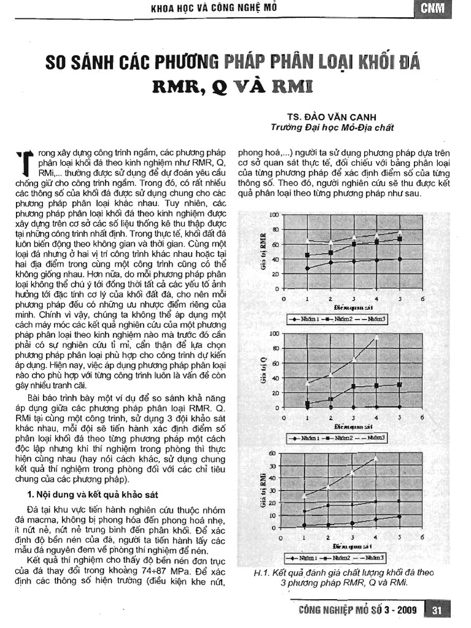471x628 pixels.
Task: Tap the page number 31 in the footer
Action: tap(438, 610)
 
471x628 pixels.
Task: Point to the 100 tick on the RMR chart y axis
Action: tap(274, 215)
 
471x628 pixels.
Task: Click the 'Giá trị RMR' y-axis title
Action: tap(262, 252)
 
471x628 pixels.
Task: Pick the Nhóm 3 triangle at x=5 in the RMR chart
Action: tap(400, 232)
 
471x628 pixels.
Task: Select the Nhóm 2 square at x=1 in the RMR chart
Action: tap(307, 255)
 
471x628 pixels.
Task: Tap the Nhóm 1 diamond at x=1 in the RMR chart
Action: tap(307, 268)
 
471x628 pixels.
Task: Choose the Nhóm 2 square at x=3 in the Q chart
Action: tap(353, 386)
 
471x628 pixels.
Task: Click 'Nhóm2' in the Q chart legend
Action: tap(342, 438)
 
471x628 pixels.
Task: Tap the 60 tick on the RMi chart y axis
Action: tap(273, 453)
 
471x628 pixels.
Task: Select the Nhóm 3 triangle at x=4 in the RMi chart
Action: tap(375, 458)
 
